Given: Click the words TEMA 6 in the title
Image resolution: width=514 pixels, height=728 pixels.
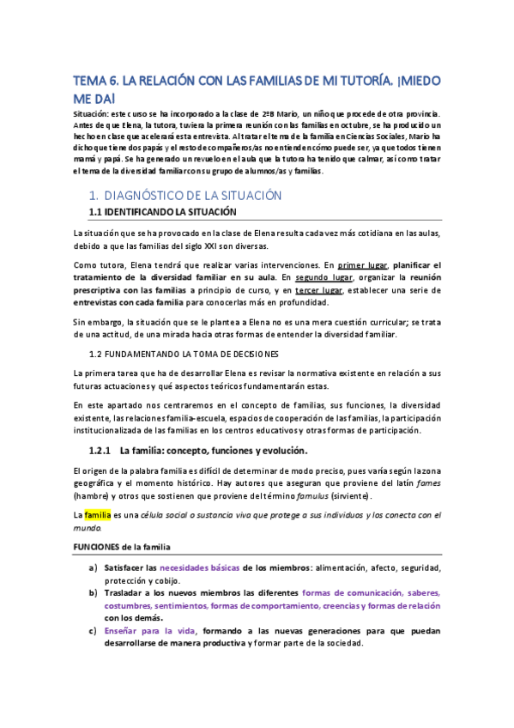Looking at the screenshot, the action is tap(95, 82).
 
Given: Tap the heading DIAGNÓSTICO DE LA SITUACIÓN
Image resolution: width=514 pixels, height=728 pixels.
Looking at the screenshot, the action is tap(192, 196).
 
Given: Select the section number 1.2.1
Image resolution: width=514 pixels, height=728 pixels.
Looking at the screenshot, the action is tap(102, 450).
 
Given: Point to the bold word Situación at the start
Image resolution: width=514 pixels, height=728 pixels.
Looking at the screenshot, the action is tap(90, 113).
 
